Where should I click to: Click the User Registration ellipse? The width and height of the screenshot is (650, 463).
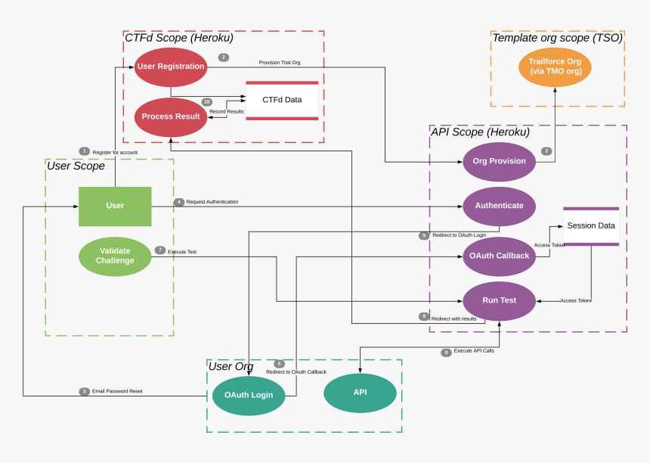coord(171,67)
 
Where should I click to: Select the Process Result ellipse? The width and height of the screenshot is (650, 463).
coord(171,117)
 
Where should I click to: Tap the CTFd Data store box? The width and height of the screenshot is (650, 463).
coord(282,100)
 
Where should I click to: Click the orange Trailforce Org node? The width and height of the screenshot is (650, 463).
coord(555,67)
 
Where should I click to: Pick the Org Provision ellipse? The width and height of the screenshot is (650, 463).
coord(499,161)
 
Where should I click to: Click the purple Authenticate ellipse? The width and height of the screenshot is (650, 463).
coord(499,206)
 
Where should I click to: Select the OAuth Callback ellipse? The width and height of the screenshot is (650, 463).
coord(499,256)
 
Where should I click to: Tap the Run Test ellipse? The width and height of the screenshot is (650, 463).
coord(499,300)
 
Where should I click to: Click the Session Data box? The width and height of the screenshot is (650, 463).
coord(591,226)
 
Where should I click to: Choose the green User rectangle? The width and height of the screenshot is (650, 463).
coord(115,206)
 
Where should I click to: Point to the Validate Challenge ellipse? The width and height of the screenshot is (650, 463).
coord(115,256)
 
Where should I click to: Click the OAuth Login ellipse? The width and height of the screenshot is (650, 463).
coord(249,395)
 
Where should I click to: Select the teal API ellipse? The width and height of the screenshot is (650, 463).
coord(360,393)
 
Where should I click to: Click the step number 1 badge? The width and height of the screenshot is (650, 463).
coord(84,151)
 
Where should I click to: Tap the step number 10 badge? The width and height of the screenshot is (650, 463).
coord(206,102)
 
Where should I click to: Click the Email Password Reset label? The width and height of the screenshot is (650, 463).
coord(117,391)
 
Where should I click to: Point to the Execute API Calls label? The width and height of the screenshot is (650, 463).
coord(474,351)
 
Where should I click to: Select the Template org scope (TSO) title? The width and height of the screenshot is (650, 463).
coord(557,38)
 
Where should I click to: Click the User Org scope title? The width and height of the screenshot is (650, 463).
coord(231,367)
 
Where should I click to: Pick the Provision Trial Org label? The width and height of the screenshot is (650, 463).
coord(280,62)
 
